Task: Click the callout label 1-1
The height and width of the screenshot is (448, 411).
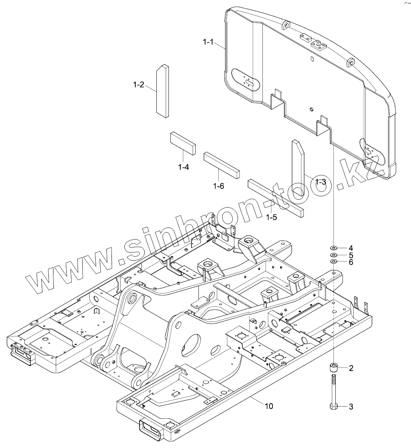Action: click(x=208, y=42)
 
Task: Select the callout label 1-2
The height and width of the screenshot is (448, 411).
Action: click(x=139, y=84)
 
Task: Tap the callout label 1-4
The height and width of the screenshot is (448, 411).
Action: click(x=184, y=167)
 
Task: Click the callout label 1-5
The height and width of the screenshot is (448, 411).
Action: click(x=272, y=217)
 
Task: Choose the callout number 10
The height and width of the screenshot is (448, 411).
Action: click(x=269, y=406)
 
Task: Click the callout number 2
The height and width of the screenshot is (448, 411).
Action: click(x=351, y=368)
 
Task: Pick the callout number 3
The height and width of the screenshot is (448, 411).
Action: click(x=351, y=407)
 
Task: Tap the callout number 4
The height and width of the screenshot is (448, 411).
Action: click(x=351, y=248)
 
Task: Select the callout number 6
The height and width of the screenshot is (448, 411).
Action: click(x=351, y=262)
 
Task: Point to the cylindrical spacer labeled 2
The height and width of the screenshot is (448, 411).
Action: click(x=334, y=368)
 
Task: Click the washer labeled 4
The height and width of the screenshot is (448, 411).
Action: click(x=334, y=248)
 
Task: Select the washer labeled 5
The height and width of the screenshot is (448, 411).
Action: click(x=334, y=255)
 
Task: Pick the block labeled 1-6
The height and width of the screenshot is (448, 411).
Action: click(x=221, y=165)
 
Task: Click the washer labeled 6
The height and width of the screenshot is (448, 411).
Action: click(x=334, y=261)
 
